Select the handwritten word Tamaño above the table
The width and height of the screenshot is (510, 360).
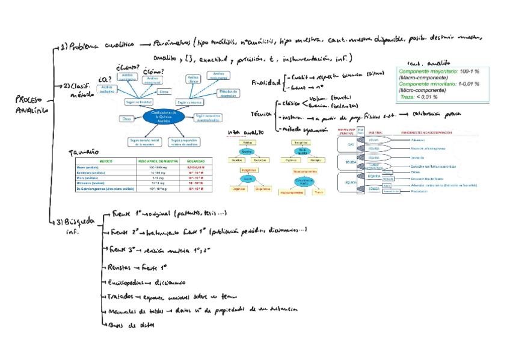click(85, 153)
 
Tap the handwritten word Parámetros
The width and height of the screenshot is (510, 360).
click(171, 43)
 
